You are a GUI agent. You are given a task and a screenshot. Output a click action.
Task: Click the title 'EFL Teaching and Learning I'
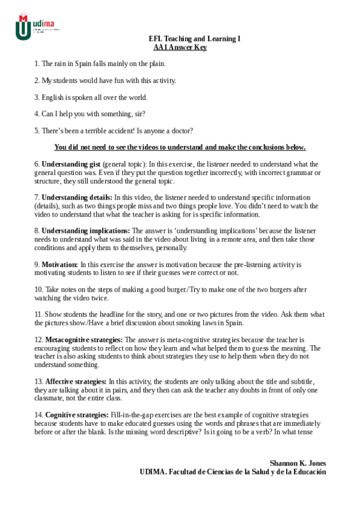(x=194, y=38)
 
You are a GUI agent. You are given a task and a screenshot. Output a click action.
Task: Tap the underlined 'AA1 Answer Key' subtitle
(x=180, y=47)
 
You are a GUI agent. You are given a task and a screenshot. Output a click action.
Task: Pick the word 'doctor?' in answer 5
(x=180, y=131)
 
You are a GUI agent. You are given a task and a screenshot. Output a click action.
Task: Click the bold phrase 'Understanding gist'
(x=71, y=164)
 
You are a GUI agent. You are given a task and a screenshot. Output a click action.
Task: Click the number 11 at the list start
(x=37, y=315)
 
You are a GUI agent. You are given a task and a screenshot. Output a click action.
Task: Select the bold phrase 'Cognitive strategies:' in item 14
(x=76, y=415)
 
